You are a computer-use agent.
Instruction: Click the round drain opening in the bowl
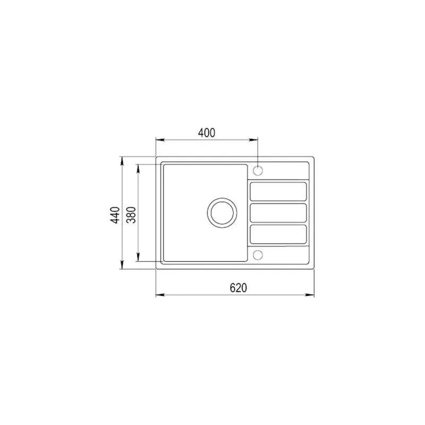220,212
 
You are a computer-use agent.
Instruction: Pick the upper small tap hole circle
258,171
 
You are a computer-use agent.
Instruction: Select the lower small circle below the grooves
258,254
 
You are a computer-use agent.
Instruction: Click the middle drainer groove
278,212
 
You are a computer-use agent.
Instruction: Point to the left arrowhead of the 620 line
158,295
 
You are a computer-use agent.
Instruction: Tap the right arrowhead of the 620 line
312,295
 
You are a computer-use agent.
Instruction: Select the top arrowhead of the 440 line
123,159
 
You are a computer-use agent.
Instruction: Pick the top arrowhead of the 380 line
139,167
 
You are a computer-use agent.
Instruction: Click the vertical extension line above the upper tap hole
258,151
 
